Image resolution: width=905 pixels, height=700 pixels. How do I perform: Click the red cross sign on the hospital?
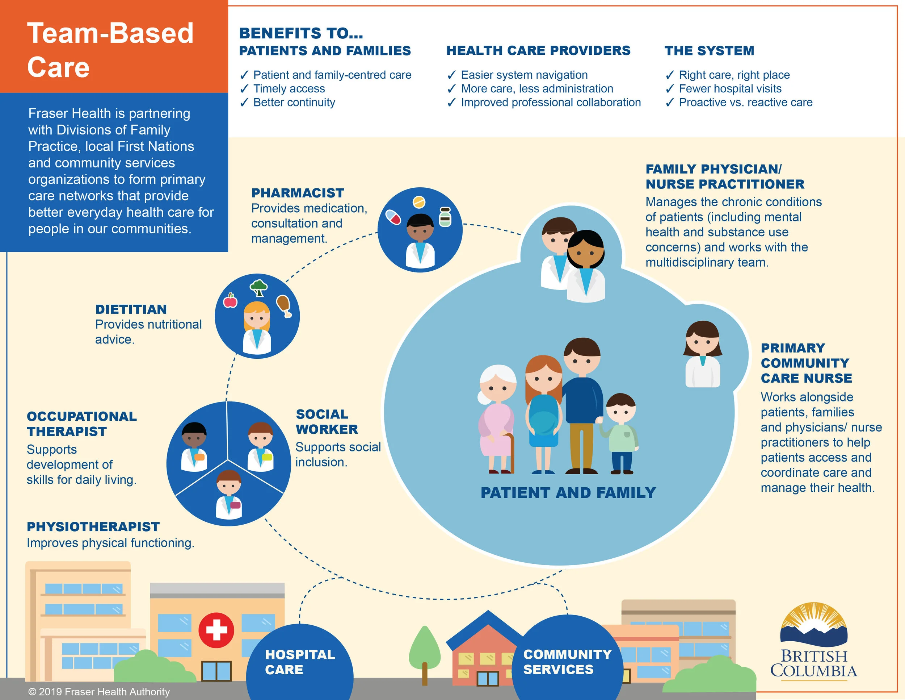(x=216, y=630)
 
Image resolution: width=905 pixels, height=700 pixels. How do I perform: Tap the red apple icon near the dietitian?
(x=230, y=300)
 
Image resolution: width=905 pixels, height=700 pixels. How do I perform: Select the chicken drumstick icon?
(x=284, y=305)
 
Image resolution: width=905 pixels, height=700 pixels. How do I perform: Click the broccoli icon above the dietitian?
(x=258, y=287)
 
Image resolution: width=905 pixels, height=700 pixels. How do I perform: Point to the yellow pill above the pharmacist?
(x=419, y=203)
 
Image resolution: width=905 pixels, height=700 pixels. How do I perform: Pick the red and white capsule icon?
(x=393, y=217)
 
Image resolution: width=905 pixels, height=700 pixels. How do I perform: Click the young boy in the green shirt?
(x=621, y=433)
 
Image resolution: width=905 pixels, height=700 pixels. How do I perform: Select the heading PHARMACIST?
(x=298, y=193)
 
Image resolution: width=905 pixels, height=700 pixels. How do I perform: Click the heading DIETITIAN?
(x=131, y=309)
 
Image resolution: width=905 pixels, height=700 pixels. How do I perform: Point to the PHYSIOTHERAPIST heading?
(x=93, y=527)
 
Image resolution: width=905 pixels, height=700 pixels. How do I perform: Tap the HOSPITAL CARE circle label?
(x=300, y=662)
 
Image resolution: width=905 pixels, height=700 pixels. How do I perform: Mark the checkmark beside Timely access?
(x=244, y=89)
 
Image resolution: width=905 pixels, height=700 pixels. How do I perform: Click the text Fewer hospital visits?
(x=730, y=89)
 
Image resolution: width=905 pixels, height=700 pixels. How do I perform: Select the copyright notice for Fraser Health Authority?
(x=99, y=692)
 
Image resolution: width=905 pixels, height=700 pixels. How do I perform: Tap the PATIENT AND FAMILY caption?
(x=568, y=493)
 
